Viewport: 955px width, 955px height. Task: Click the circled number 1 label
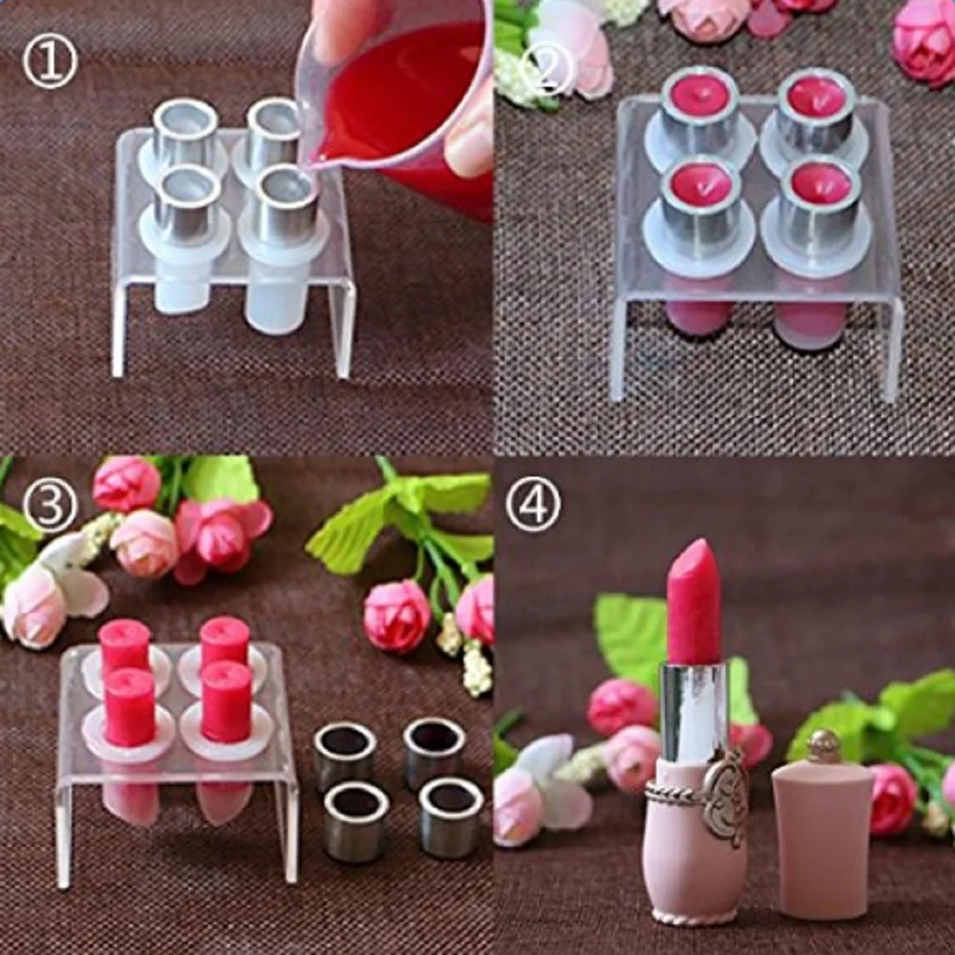pos(50,62)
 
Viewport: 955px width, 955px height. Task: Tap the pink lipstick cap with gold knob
pos(822,830)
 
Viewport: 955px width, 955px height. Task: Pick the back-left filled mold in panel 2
pos(699,107)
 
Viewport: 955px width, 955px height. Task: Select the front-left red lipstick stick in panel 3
pos(130,706)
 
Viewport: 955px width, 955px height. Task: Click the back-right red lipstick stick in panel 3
pos(225,642)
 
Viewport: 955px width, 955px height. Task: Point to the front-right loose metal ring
pos(450,817)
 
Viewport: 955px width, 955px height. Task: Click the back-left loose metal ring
pos(345,754)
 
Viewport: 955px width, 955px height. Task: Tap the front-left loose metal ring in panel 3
pos(356,821)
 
